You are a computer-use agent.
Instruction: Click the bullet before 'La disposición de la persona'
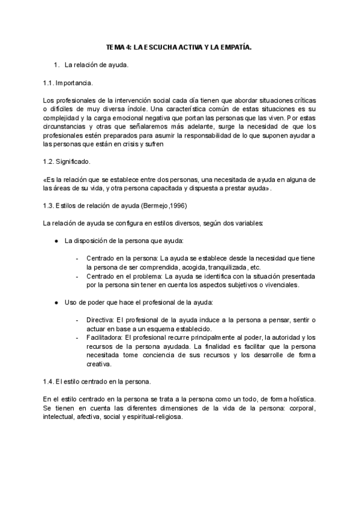(x=56, y=241)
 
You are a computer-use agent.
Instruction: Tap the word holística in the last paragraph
(x=298, y=399)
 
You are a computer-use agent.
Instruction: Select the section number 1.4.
(x=50, y=381)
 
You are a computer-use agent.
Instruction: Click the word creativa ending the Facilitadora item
(x=99, y=364)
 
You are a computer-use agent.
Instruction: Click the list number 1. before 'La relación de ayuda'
(x=57, y=64)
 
